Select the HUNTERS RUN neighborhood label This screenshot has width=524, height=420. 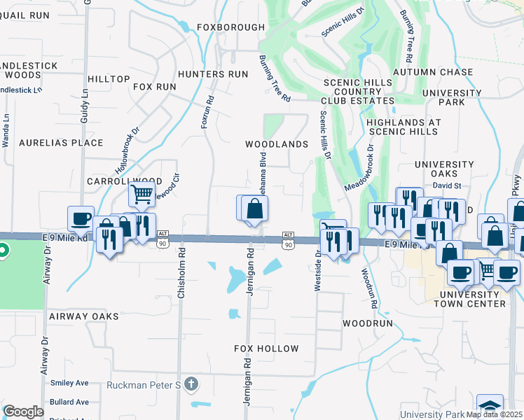coord(213,73)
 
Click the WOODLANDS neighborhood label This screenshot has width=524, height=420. coord(277,144)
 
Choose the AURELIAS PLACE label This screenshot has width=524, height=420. coord(51,143)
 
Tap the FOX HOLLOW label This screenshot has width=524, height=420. coord(266,349)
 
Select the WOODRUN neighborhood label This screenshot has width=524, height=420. coord(366,324)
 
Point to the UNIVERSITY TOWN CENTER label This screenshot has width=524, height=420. coord(469,298)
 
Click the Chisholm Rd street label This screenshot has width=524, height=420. coord(181,274)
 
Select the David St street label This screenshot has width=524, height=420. coord(446,186)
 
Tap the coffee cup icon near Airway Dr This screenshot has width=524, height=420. coord(81,218)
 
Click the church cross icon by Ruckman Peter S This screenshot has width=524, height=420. coord(192,384)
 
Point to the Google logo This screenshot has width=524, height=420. coord(23,412)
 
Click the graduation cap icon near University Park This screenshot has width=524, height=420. coord(490,407)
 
